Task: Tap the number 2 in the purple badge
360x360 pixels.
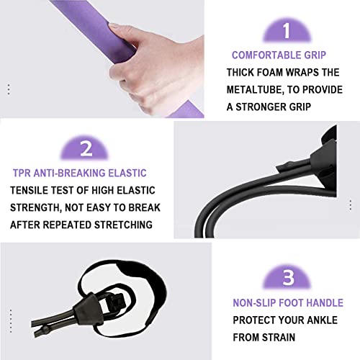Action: coord(86,148)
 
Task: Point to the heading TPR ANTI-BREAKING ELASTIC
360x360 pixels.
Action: coord(79,173)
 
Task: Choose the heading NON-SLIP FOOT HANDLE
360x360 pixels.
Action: coord(287,303)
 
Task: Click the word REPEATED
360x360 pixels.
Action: coord(70,224)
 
